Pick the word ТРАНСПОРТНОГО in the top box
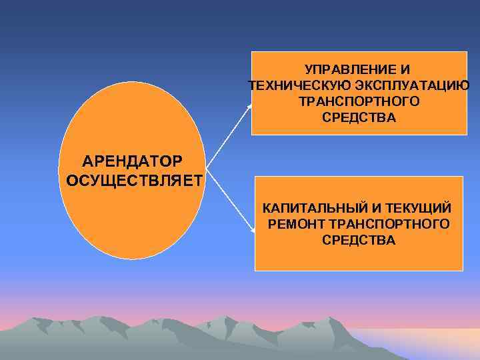[359, 101]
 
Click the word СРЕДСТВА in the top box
[359, 117]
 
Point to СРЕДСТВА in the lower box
[359, 239]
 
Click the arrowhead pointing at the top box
[251, 105]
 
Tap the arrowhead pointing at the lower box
[254, 231]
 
